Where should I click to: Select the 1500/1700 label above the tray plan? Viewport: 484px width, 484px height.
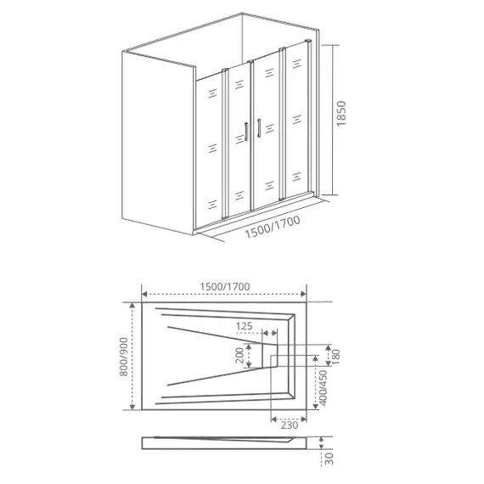coord(226,286)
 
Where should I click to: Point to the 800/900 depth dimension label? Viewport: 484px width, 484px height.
coord(124,357)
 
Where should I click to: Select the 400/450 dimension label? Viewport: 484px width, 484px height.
coord(323,388)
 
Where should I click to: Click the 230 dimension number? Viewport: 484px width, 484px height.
coord(290,425)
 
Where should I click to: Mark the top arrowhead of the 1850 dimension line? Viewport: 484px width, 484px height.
coord(330,42)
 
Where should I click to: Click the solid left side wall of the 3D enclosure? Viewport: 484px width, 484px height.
coord(158,140)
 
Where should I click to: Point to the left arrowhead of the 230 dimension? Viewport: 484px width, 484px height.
coord(272,416)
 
